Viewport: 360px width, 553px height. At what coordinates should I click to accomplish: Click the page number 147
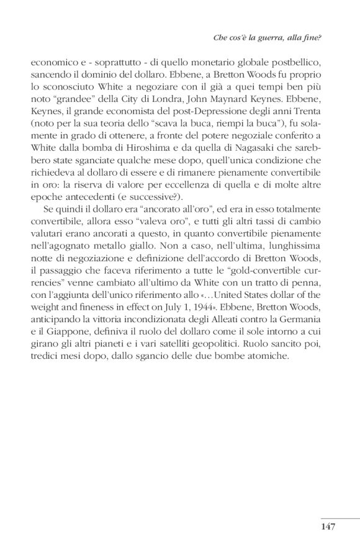coord(328,527)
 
